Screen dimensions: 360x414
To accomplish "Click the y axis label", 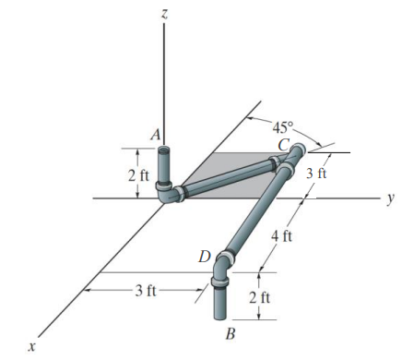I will point(391,198).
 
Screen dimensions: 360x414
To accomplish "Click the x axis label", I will point(30,347).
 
